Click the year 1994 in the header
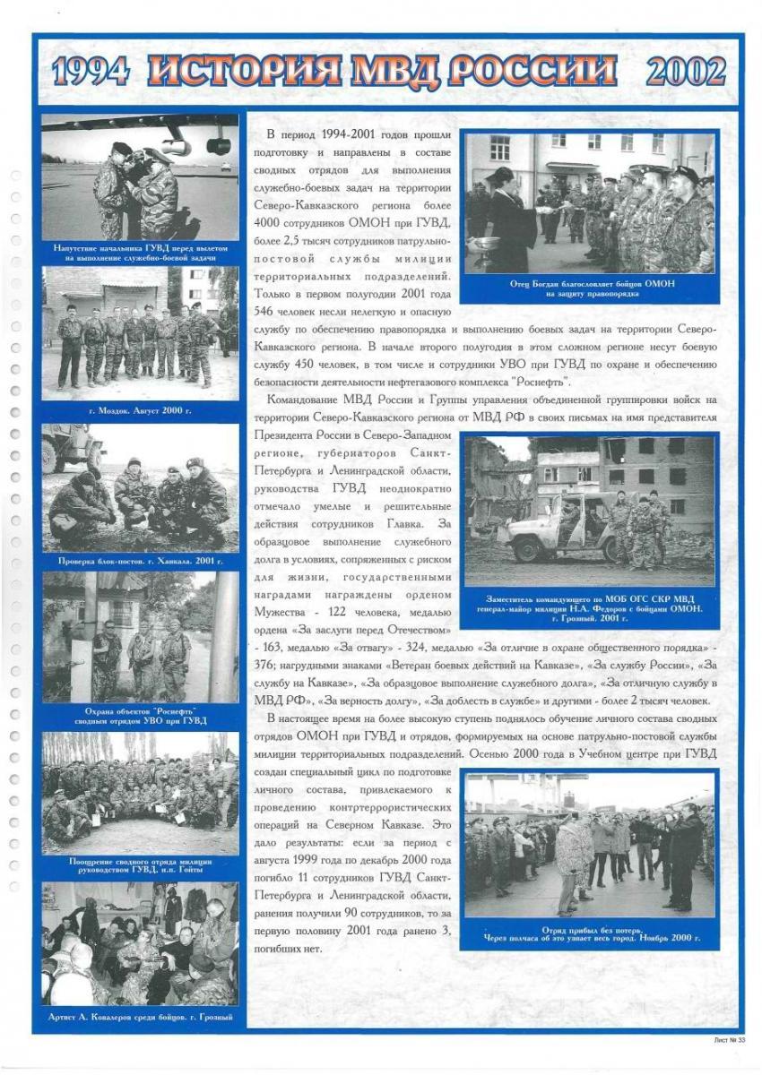[x=90, y=72]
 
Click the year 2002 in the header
[x=685, y=72]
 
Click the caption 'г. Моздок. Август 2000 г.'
[x=139, y=410]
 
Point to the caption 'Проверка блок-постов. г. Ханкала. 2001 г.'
[x=140, y=561]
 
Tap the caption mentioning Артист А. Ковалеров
[x=140, y=1017]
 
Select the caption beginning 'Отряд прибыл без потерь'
[x=592, y=934]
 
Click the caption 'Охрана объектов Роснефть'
[x=140, y=715]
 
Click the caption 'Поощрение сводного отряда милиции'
[x=140, y=865]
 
